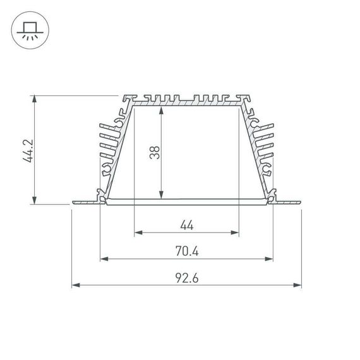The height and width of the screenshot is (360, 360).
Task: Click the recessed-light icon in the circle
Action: [29, 29]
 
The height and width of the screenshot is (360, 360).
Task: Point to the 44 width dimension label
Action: [186, 224]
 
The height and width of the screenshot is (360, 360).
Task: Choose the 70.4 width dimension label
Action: [186, 251]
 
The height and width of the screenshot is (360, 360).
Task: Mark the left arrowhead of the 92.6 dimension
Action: [75, 285]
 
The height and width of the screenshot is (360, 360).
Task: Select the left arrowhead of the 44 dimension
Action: [137, 232]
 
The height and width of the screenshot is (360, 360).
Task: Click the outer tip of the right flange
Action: [301, 203]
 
